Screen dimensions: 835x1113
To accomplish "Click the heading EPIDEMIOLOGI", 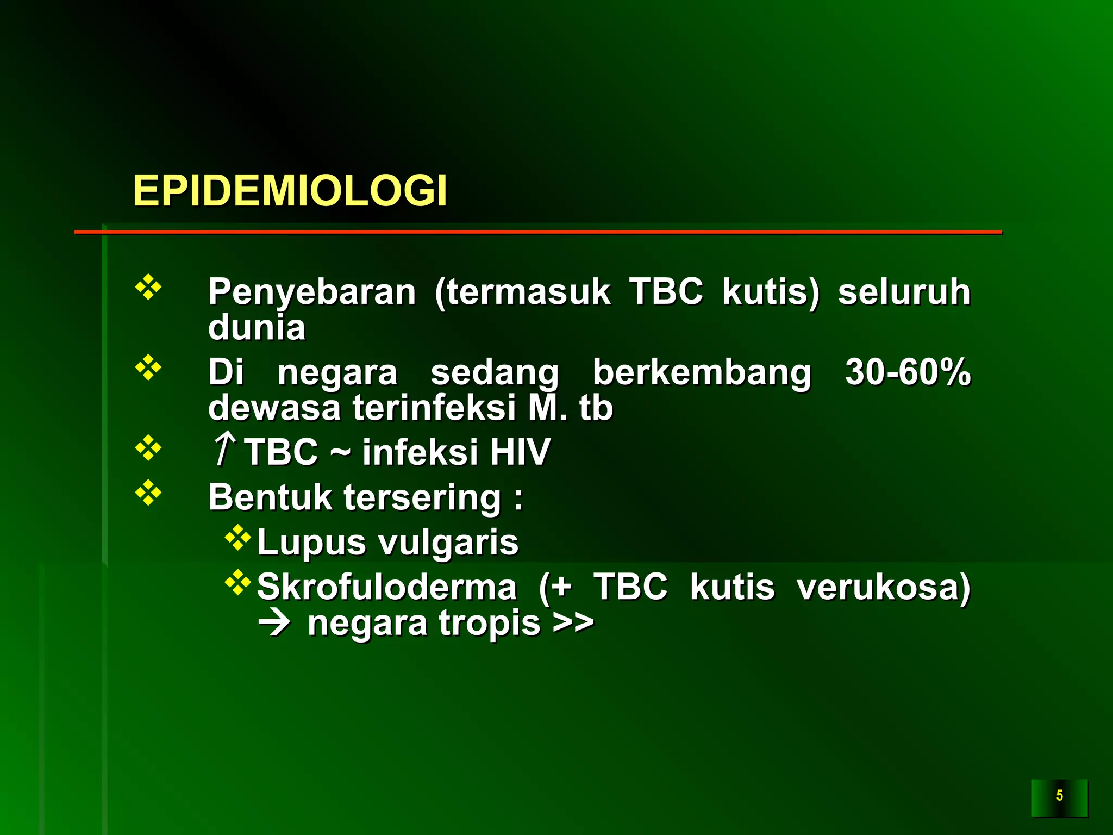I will click(x=290, y=191).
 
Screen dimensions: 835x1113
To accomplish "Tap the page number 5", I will click(x=1059, y=796).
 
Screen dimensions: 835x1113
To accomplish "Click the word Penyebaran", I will click(x=312, y=292).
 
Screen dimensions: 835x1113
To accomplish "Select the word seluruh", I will click(x=904, y=292).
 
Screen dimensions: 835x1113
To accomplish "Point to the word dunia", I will click(x=257, y=327).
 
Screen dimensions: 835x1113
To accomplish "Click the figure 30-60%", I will click(x=908, y=372).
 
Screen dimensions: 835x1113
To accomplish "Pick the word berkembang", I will click(x=702, y=373).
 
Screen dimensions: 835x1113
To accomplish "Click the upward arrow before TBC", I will click(x=224, y=449).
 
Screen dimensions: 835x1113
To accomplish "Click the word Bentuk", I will click(x=270, y=497).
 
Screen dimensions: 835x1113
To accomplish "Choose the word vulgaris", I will click(x=448, y=543).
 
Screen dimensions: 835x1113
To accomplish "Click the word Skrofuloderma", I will click(x=386, y=587).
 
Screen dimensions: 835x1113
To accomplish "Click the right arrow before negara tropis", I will click(x=275, y=624).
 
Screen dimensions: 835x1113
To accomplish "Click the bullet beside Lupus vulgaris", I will click(x=238, y=538).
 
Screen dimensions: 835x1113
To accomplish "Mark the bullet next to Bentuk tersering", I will click(x=148, y=493).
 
